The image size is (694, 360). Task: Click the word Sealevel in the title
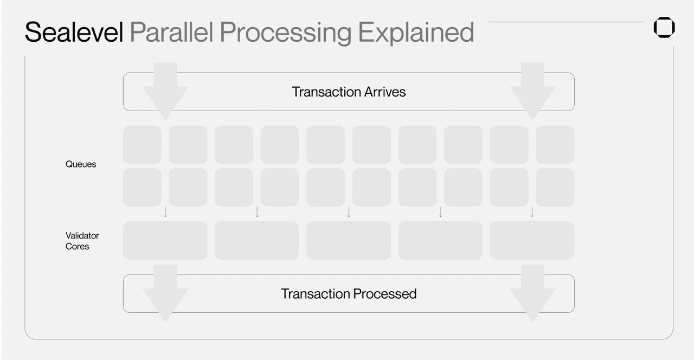click(x=74, y=32)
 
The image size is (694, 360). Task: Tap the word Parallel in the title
click(x=172, y=33)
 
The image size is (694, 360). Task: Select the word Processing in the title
click(x=286, y=33)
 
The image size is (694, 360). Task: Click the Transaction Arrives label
click(x=349, y=92)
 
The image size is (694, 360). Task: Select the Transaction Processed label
click(x=349, y=294)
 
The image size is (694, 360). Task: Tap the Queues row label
click(x=81, y=164)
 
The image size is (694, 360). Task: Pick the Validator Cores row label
click(x=82, y=241)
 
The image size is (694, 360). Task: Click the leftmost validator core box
click(x=165, y=240)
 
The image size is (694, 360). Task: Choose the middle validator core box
click(x=349, y=240)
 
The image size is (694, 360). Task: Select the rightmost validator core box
click(x=532, y=240)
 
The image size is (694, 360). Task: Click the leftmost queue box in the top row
click(x=142, y=145)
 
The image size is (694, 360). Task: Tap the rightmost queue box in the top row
click(x=555, y=145)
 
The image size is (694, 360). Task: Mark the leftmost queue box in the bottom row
click(x=142, y=188)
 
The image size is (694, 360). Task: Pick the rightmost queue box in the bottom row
click(x=555, y=188)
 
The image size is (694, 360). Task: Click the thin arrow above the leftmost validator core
click(x=165, y=212)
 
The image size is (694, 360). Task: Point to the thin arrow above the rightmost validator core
click(x=532, y=212)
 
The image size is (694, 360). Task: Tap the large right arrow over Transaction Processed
click(x=532, y=293)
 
